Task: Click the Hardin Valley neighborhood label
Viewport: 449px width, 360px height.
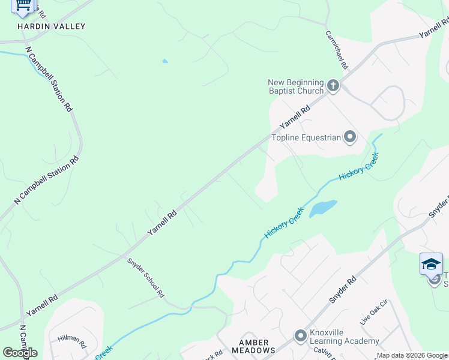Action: (x=51, y=26)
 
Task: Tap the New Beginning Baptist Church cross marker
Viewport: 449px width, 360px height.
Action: (x=333, y=87)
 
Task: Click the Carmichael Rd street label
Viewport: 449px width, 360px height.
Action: (x=337, y=49)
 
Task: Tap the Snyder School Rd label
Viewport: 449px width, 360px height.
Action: (x=146, y=278)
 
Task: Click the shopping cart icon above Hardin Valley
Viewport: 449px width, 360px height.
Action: (x=23, y=5)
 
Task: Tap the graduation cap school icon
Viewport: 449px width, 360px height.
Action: (x=431, y=263)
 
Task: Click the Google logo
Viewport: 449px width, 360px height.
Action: (x=20, y=353)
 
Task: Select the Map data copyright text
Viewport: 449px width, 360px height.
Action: (x=412, y=355)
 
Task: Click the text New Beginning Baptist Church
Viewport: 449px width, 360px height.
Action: (x=296, y=87)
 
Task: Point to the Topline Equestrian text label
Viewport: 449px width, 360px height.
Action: (x=306, y=138)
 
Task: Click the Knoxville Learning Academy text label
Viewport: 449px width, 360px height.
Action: (x=345, y=337)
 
